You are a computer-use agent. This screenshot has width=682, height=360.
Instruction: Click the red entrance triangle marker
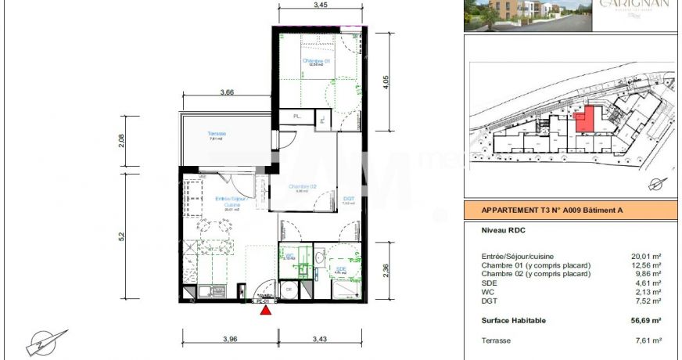(x=266, y=310)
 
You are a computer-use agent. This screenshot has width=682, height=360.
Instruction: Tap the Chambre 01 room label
(x=317, y=60)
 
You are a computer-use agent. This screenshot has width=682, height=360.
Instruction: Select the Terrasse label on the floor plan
(x=217, y=134)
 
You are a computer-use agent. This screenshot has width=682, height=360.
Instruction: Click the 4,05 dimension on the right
(x=383, y=82)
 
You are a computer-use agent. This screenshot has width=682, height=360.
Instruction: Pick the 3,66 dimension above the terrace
(x=227, y=92)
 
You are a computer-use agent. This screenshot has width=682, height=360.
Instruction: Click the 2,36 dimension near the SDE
(x=383, y=270)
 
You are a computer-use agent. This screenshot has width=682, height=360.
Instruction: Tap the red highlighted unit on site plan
(x=583, y=122)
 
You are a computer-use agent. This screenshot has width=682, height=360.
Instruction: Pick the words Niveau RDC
(x=502, y=231)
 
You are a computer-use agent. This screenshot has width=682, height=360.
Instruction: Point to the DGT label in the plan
(x=349, y=199)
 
